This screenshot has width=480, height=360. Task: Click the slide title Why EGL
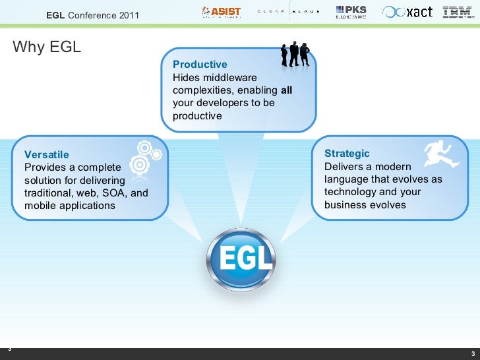click(x=46, y=47)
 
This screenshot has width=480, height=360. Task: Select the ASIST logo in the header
click(x=221, y=12)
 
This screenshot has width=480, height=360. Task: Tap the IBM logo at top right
click(x=458, y=12)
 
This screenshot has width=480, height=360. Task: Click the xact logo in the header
click(x=408, y=12)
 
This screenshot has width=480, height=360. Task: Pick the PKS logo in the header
click(x=351, y=12)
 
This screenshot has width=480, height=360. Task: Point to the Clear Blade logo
click(x=288, y=12)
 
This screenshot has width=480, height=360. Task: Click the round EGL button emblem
click(x=240, y=260)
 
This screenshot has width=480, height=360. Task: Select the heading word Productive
click(x=200, y=64)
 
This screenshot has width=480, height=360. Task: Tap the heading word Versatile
click(x=46, y=154)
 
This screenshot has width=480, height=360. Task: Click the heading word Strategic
click(x=347, y=153)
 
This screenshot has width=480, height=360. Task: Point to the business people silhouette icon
click(x=295, y=53)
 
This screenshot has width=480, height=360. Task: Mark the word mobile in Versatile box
click(x=39, y=206)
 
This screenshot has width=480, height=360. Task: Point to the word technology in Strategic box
click(x=350, y=192)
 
